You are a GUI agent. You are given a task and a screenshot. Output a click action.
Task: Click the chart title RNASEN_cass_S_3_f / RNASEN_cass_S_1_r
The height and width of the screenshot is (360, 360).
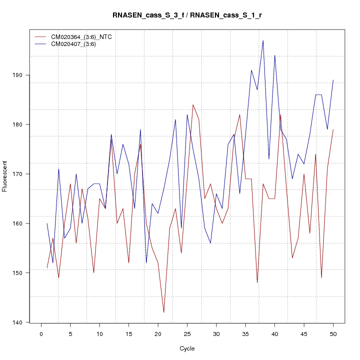coord(187,15)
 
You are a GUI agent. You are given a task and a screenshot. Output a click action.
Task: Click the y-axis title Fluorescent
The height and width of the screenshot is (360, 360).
coord(5,176)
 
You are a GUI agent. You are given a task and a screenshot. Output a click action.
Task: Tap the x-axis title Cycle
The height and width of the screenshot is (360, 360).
coord(187,348)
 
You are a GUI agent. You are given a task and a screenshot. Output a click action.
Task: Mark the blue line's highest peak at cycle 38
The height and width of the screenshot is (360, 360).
coord(263,40)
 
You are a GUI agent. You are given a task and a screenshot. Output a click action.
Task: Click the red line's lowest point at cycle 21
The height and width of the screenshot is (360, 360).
coord(163,312)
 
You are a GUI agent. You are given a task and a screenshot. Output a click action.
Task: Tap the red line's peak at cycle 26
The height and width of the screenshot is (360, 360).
coord(193,104)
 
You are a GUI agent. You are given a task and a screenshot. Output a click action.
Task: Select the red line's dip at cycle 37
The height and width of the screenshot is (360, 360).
coord(257,282)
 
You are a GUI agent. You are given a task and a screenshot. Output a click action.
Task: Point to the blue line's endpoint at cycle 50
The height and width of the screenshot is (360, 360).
coord(333,80)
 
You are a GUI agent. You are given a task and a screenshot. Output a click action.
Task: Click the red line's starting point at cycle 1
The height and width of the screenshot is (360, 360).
coord(47,267)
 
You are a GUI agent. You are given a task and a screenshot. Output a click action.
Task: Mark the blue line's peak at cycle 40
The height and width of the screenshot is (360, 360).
coord(274,55)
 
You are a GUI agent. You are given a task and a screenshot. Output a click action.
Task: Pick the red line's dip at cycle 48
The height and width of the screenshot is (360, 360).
coord(321,277)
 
